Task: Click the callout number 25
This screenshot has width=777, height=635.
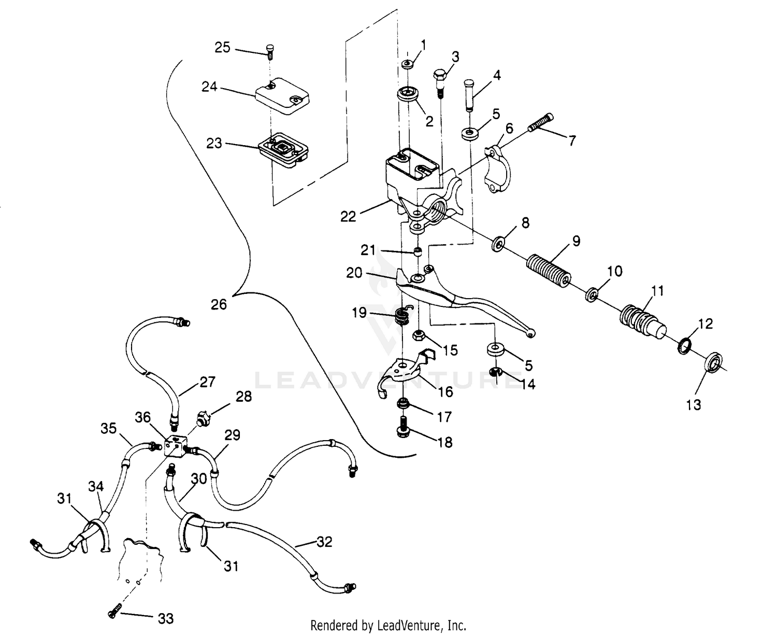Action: click(x=222, y=48)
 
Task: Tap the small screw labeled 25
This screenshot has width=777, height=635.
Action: click(x=269, y=50)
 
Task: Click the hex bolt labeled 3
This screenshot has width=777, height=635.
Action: click(x=439, y=79)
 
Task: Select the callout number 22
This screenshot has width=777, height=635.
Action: click(x=348, y=216)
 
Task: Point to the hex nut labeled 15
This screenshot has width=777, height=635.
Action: click(x=420, y=336)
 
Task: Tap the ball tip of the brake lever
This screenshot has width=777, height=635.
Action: click(x=530, y=334)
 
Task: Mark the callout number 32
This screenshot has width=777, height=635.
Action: click(x=324, y=542)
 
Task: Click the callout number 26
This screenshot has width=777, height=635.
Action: click(x=219, y=304)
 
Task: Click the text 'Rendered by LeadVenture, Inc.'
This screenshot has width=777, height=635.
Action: click(x=388, y=625)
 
